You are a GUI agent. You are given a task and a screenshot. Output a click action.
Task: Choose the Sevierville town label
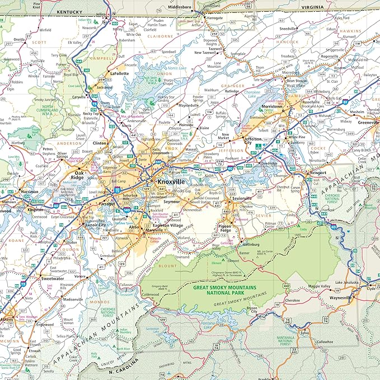(x=241, y=198)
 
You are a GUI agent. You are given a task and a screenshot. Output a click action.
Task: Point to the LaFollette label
(x=120, y=73)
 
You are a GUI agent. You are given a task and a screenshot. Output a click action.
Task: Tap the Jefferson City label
(x=253, y=140)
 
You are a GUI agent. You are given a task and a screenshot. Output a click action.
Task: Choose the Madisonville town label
(x=73, y=299)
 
